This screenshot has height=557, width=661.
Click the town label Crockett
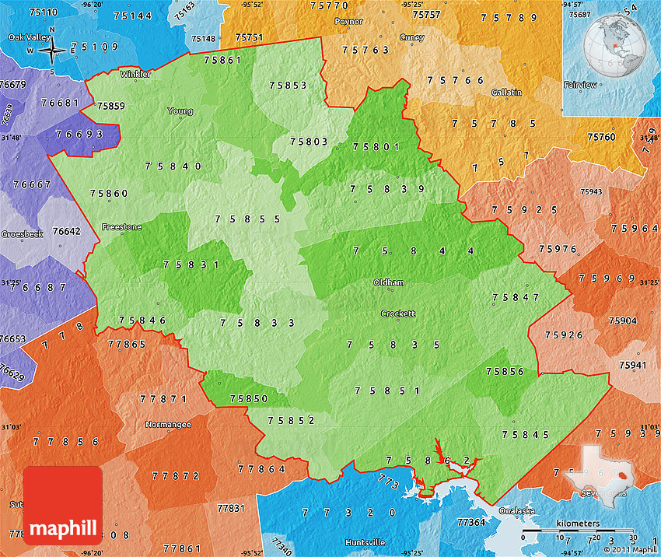click(x=398, y=314)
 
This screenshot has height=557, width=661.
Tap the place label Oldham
click(x=389, y=282)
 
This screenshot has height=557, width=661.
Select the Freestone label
click(x=121, y=227)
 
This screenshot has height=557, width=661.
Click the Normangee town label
click(x=168, y=425)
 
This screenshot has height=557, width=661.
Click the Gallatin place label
click(x=506, y=93)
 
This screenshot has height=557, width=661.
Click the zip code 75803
click(x=309, y=142)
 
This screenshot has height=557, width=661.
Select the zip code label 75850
click(x=249, y=399)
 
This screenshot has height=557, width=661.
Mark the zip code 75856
click(x=505, y=372)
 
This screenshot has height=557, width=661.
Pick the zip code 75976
click(x=558, y=249)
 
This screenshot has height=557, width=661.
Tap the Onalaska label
click(x=518, y=511)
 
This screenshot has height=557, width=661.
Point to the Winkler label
click(x=135, y=75)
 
